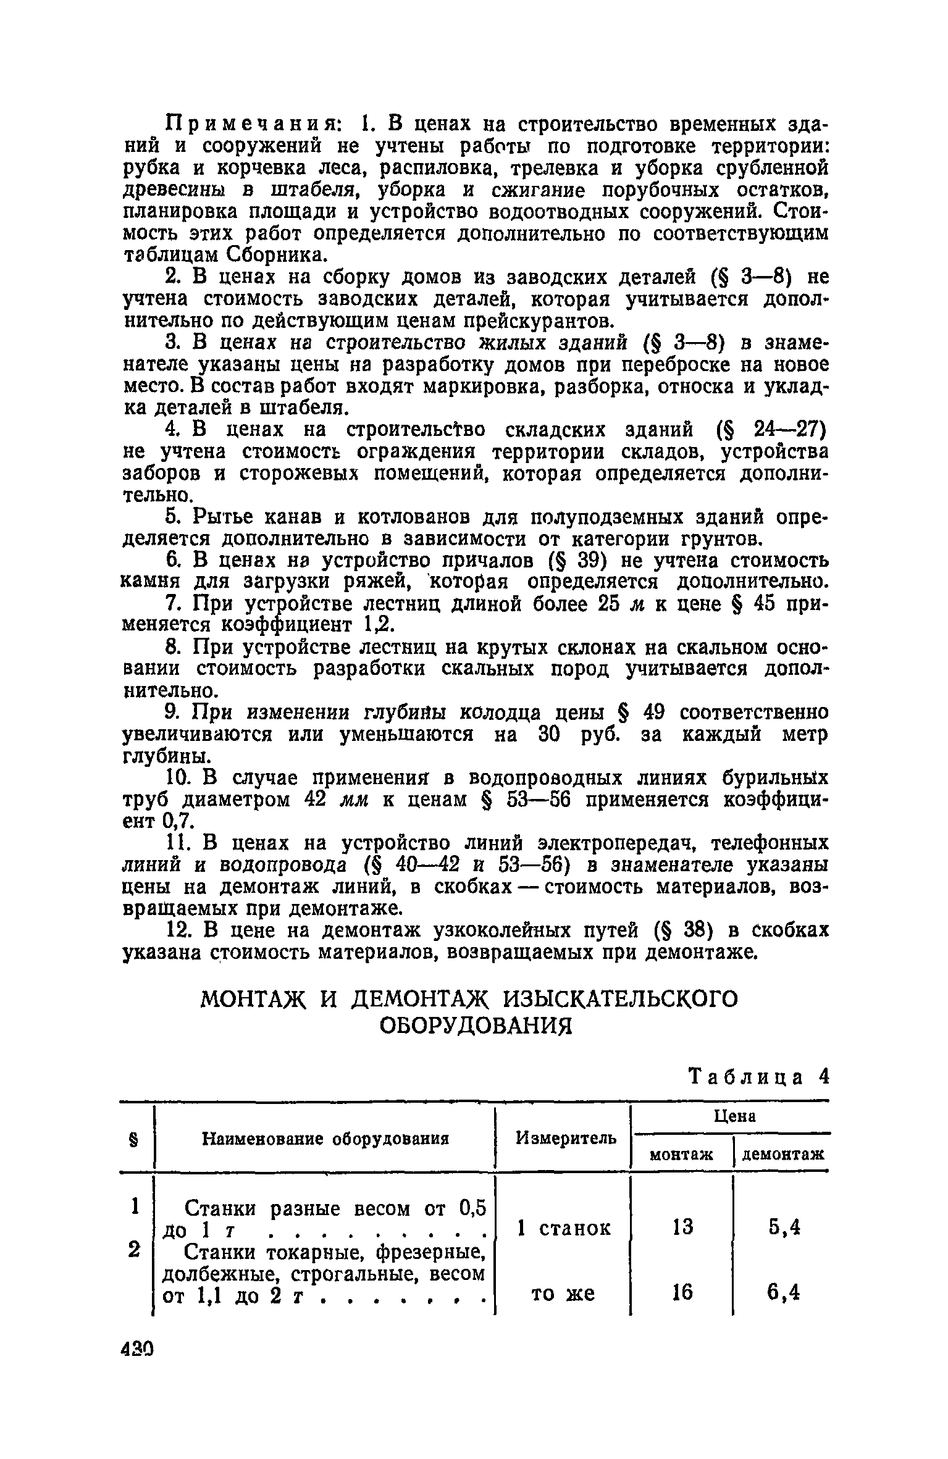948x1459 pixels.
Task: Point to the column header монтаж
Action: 681,1154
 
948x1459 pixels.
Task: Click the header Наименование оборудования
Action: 325,1138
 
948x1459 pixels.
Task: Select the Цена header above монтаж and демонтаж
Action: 734,1116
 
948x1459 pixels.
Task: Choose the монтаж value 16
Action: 682,1292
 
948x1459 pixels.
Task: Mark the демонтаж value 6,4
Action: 784,1292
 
